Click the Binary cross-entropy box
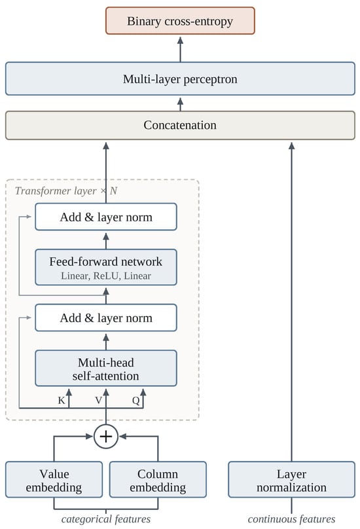click(x=180, y=21)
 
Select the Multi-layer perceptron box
click(x=180, y=79)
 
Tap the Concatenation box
click(x=180, y=125)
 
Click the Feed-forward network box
click(x=106, y=267)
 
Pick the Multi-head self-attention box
click(x=106, y=368)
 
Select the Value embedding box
click(x=54, y=479)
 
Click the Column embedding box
click(x=158, y=479)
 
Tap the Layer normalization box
click(x=291, y=479)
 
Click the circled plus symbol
click(x=106, y=437)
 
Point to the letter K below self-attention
click(x=62, y=401)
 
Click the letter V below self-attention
click(x=99, y=401)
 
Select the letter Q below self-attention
click(x=135, y=401)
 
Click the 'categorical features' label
click(x=106, y=519)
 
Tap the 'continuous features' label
click(x=291, y=519)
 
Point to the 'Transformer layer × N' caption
click(x=66, y=191)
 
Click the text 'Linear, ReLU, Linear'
click(x=106, y=276)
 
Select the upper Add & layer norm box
click(x=106, y=217)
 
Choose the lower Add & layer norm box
click(x=106, y=318)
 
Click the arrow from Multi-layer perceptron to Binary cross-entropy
click(x=180, y=49)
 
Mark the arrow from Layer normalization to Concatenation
click(x=291, y=302)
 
